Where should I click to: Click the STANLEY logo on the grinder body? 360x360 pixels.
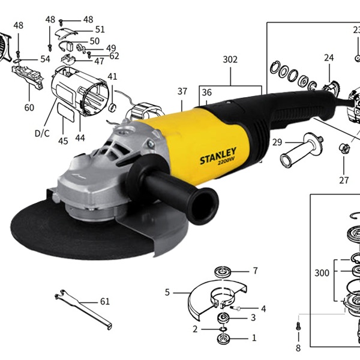(218, 155)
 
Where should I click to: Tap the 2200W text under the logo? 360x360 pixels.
(226, 163)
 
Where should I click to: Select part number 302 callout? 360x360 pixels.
(230, 59)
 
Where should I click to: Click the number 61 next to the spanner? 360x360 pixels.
(105, 301)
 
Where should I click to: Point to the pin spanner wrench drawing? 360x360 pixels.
(83, 309)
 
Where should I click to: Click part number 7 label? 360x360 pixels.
(256, 271)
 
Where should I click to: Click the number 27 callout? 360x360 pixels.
(344, 180)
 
